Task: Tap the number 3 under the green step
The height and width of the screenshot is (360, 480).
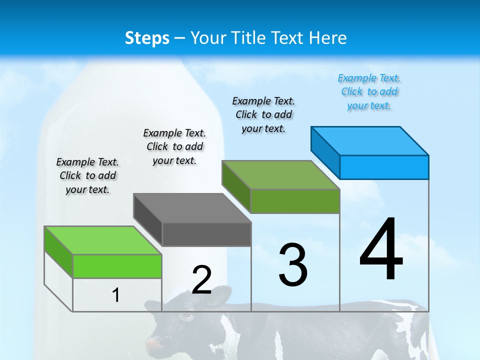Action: [x=293, y=264]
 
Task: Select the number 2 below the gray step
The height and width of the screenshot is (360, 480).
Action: [x=201, y=279]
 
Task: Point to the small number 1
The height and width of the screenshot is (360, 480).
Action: [x=115, y=295]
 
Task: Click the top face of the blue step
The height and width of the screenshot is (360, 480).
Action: [x=370, y=140]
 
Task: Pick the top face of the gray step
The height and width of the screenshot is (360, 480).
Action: [x=192, y=207]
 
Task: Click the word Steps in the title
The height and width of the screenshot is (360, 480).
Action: [x=147, y=38]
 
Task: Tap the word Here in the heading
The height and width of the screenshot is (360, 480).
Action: [x=327, y=38]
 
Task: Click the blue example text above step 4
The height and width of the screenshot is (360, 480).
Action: [x=369, y=91]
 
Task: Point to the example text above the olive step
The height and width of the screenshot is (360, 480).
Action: [x=263, y=114]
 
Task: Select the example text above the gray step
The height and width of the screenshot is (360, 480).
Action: [x=174, y=146]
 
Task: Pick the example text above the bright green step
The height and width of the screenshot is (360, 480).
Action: [x=87, y=175]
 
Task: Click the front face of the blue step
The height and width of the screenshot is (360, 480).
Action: [x=384, y=167]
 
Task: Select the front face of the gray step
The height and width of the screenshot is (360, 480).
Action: [x=206, y=234]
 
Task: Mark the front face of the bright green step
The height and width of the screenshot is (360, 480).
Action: [x=117, y=266]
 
